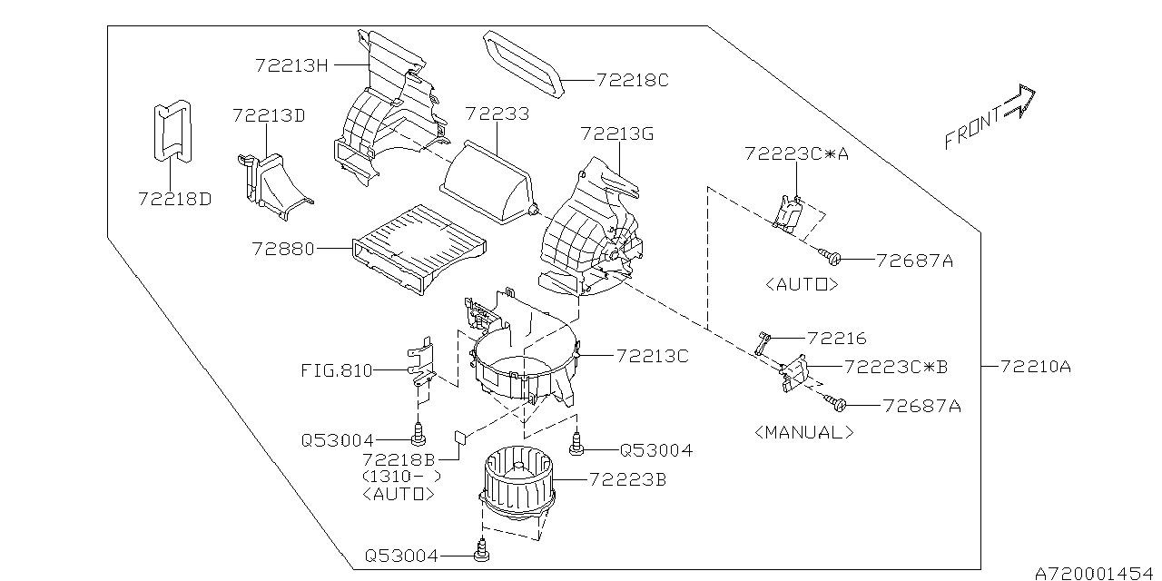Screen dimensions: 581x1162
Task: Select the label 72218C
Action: (632, 81)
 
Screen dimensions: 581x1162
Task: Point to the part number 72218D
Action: (174, 198)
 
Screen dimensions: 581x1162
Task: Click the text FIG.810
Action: (337, 371)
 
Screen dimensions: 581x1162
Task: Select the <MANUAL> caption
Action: (804, 433)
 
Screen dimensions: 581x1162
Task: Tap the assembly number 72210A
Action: (1035, 367)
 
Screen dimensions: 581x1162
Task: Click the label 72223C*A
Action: (796, 154)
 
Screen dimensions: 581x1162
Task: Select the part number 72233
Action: (497, 115)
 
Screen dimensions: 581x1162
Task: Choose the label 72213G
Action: (617, 135)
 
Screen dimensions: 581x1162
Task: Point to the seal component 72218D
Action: (172, 132)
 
